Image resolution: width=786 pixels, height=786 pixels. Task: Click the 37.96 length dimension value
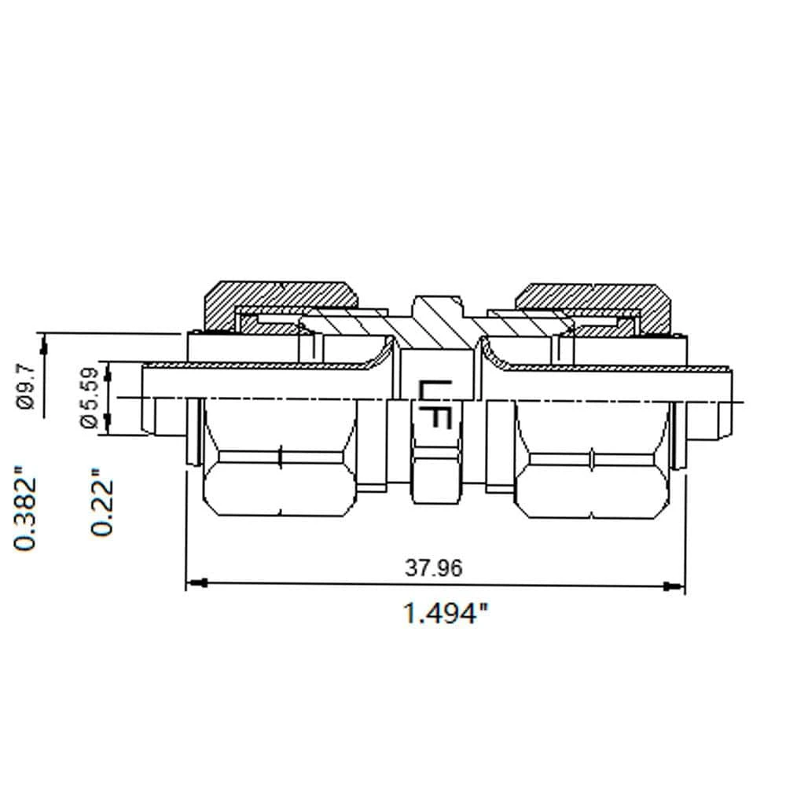point(433,567)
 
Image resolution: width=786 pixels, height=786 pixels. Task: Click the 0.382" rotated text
point(26,511)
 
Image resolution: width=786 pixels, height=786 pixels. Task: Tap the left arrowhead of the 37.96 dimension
point(196,584)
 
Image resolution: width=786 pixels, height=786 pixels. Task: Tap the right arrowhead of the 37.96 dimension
point(673,586)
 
